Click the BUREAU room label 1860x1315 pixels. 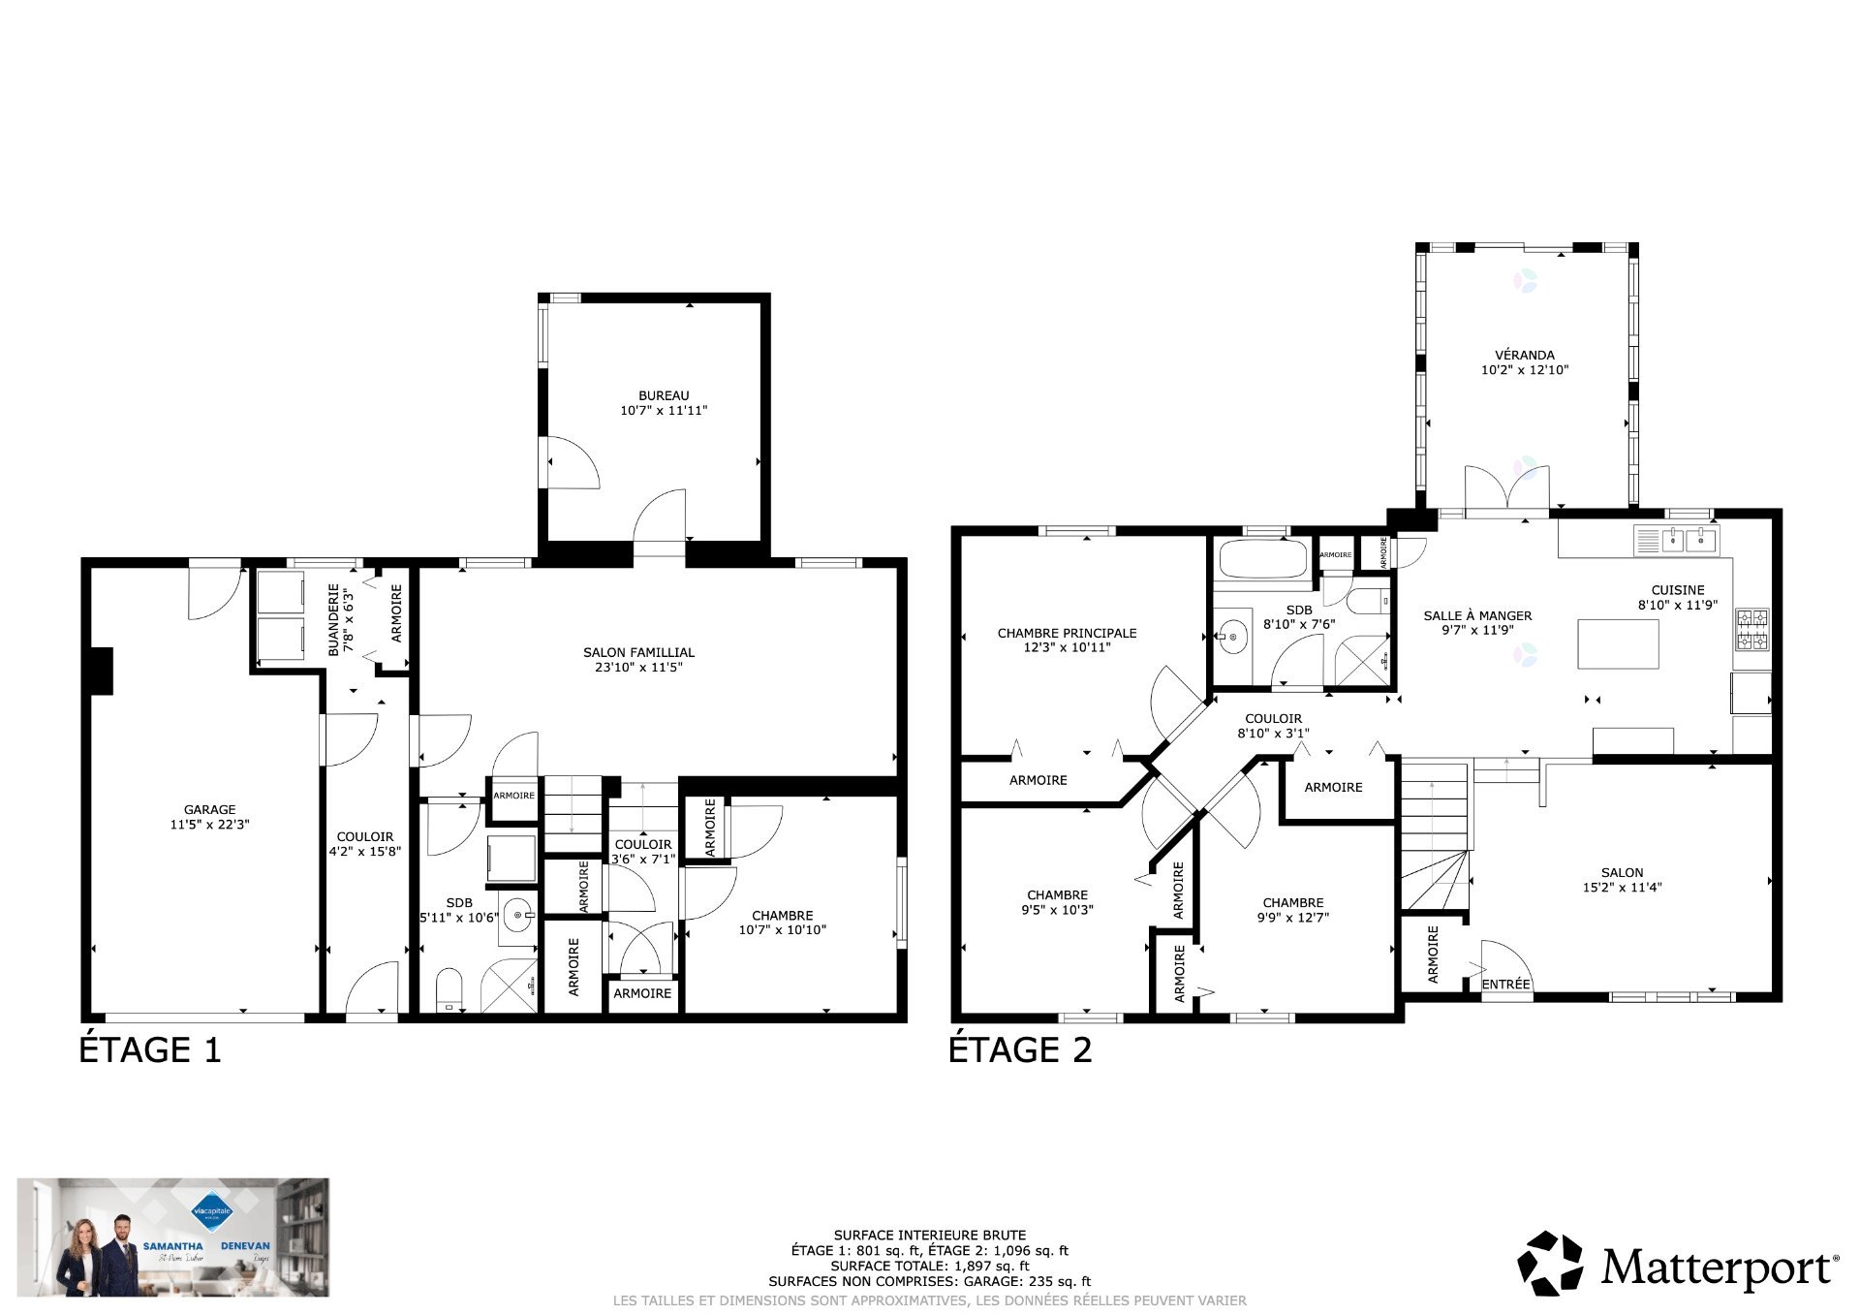pyautogui.click(x=664, y=395)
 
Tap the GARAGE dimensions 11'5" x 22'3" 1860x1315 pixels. pyautogui.click(x=209, y=825)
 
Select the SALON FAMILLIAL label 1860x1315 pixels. pyautogui.click(x=638, y=652)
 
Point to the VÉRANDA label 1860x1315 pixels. pyautogui.click(x=1524, y=355)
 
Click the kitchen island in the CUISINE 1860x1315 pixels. pyautogui.click(x=1618, y=644)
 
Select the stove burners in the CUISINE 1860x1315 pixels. pyautogui.click(x=1751, y=629)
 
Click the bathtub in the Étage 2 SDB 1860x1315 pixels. pyautogui.click(x=1263, y=559)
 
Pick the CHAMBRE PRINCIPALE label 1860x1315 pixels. pyautogui.click(x=1067, y=633)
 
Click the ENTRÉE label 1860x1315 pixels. pyautogui.click(x=1505, y=985)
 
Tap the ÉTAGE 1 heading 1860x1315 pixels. pyautogui.click(x=150, y=1050)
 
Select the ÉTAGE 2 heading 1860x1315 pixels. pyautogui.click(x=1020, y=1050)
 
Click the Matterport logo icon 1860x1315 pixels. pyautogui.click(x=1550, y=1263)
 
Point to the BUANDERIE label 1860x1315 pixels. pyautogui.click(x=334, y=619)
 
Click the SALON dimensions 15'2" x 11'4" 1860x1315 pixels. pyautogui.click(x=1622, y=887)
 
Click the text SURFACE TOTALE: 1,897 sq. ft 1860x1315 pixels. pyautogui.click(x=929, y=1266)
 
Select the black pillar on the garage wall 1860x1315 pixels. pyautogui.click(x=101, y=671)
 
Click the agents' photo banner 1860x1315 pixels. pyautogui.click(x=173, y=1237)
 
